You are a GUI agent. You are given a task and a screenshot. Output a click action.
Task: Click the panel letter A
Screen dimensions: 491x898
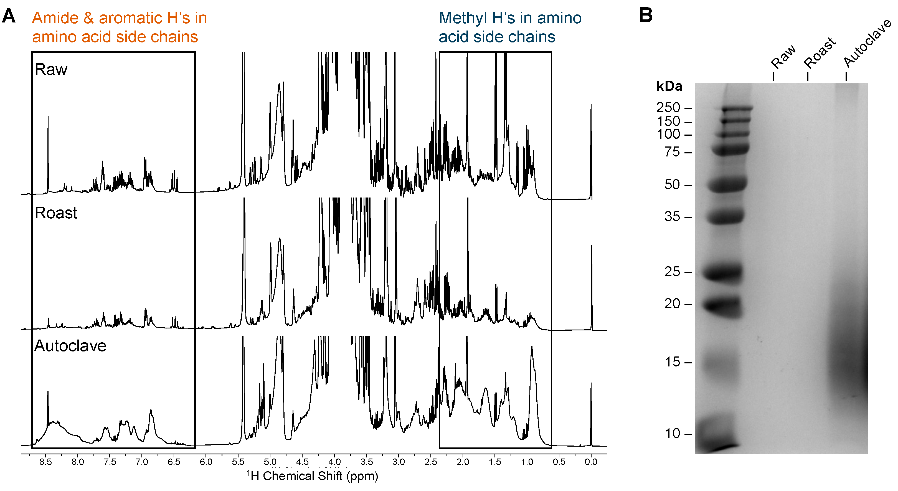(x=9, y=16)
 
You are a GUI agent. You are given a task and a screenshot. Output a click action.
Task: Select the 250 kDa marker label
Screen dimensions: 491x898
(x=668, y=107)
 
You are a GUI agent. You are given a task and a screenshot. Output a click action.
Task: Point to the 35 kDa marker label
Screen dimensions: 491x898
(x=672, y=217)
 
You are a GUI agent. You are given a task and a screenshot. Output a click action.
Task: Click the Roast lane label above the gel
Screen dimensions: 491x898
(x=820, y=53)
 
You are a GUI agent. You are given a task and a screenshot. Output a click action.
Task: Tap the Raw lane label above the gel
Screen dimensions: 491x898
(x=783, y=57)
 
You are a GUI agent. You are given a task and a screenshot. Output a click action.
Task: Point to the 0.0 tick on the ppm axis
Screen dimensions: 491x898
(x=591, y=462)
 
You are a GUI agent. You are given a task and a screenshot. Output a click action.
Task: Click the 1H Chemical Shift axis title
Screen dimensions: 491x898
(x=312, y=476)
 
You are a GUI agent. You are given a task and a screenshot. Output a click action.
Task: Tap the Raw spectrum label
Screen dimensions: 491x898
(x=51, y=69)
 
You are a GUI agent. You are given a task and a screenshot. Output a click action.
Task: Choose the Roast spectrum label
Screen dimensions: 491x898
(x=56, y=213)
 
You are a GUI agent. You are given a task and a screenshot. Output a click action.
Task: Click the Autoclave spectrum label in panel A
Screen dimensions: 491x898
(x=70, y=346)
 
